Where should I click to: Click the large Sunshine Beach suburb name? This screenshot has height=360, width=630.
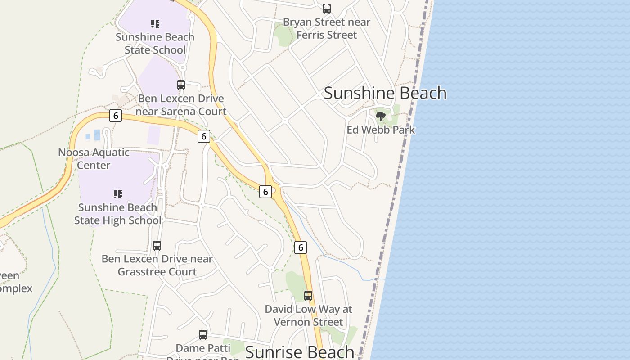click(x=385, y=93)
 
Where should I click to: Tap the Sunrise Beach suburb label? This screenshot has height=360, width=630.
click(x=299, y=352)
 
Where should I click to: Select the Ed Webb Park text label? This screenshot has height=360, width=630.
click(x=381, y=130)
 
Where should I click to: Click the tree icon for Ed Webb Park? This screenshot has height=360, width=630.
click(x=381, y=117)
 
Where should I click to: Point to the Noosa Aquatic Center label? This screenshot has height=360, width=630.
click(x=94, y=159)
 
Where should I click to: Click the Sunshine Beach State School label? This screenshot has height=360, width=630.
click(x=155, y=43)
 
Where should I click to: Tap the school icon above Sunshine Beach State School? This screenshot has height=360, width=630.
click(x=155, y=23)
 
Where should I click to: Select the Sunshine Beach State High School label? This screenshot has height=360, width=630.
click(x=117, y=214)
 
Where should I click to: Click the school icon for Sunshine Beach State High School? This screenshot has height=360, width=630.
click(x=117, y=194)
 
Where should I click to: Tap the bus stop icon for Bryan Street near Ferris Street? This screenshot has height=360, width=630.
click(x=327, y=9)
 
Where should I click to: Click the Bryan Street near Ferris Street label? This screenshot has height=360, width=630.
click(x=327, y=28)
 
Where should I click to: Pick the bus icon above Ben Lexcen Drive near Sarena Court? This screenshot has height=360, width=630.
click(x=181, y=85)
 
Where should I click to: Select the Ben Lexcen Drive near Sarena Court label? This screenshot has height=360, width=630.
click(x=181, y=105)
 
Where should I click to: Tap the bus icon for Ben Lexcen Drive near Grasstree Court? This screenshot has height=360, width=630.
click(x=157, y=246)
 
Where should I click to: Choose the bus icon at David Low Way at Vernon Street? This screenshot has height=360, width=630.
click(x=308, y=296)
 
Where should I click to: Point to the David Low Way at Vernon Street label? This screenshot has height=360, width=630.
click(x=308, y=315)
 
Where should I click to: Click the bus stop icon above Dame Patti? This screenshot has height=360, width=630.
click(x=203, y=335)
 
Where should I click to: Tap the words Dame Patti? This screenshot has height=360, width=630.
click(x=203, y=348)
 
